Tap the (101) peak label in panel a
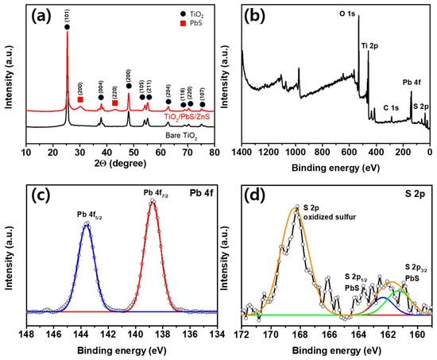click(67, 15)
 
